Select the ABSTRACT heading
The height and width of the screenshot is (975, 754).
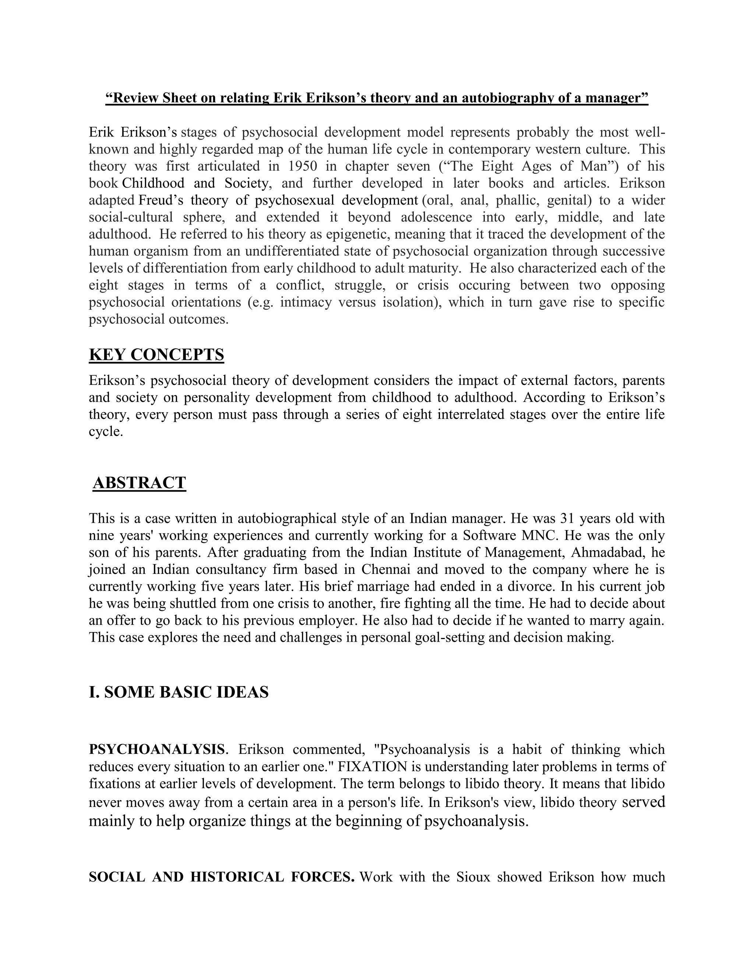(140, 483)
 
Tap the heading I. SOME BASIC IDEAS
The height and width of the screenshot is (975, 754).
(179, 692)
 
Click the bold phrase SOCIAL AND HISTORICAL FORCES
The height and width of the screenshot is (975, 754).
(222, 877)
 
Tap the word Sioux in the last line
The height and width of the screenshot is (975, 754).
(473, 877)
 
